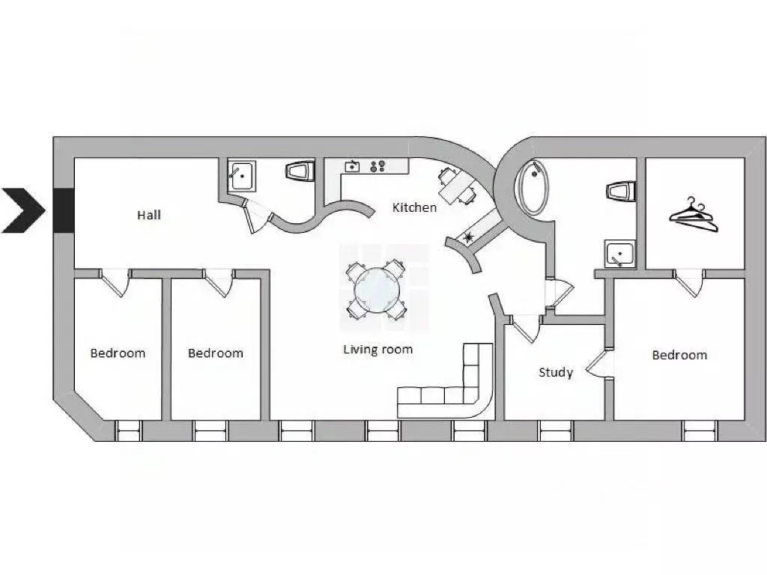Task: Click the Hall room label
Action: click(149, 215)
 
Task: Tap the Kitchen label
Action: click(414, 207)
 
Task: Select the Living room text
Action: click(378, 350)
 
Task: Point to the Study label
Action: click(556, 373)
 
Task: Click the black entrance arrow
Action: click(23, 210)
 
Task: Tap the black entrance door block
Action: click(63, 210)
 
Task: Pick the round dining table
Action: click(377, 292)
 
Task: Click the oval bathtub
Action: click(533, 187)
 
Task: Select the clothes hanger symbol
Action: click(694, 216)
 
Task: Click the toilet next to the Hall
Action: click(300, 171)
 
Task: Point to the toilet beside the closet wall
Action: click(621, 191)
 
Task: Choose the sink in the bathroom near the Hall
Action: click(241, 176)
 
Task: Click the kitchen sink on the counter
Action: click(352, 167)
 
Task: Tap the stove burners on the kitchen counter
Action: click(378, 166)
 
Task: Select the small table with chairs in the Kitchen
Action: click(456, 186)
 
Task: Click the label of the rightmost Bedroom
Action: click(679, 355)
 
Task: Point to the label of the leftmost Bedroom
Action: click(118, 353)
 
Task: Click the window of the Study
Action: click(557, 431)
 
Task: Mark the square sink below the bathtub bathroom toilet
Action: click(620, 254)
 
